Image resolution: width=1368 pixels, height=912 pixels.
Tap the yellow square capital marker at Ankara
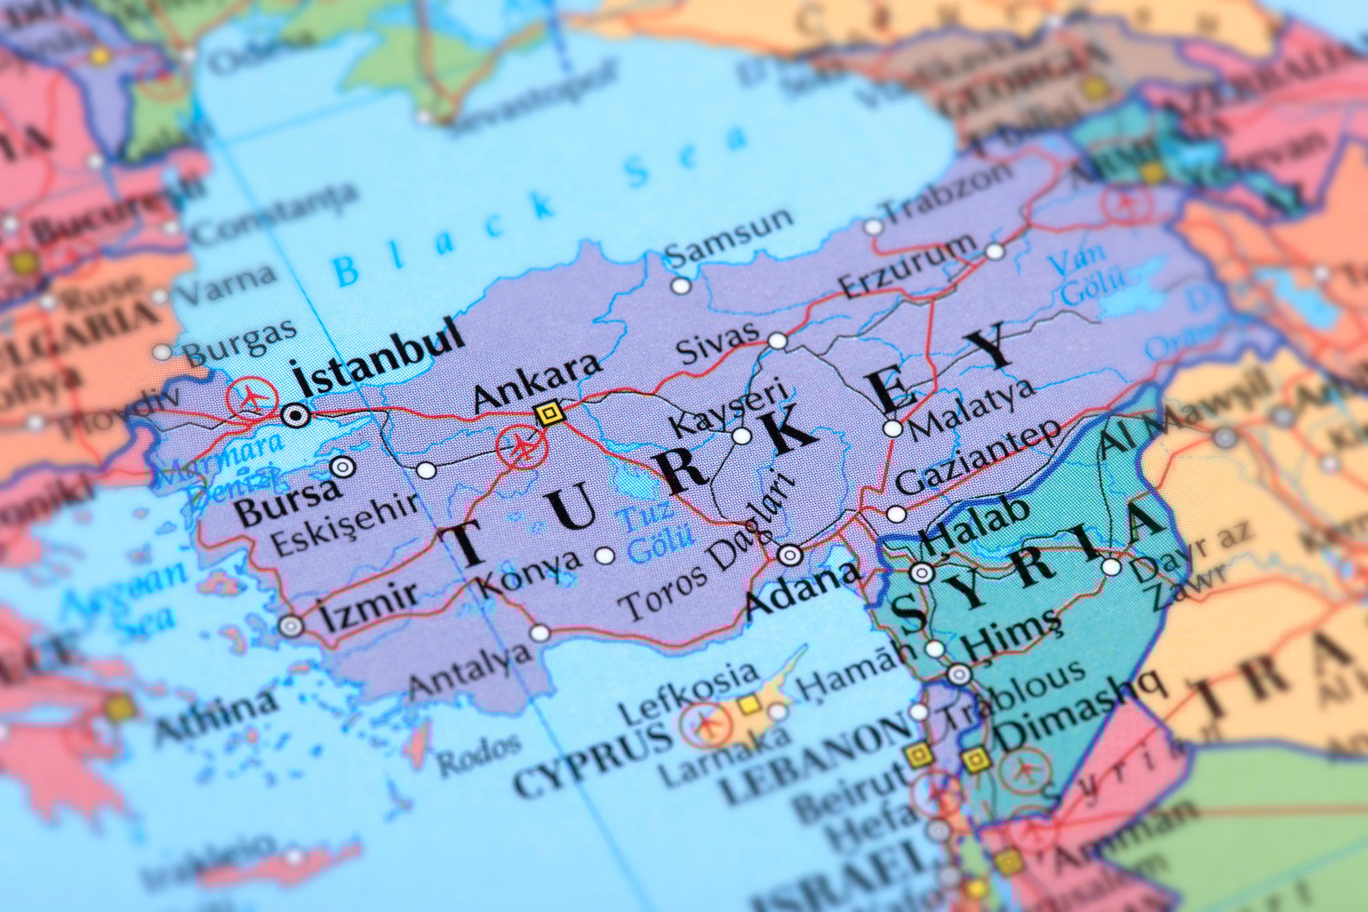click(x=549, y=412)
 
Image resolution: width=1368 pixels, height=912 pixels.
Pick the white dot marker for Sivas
click(x=778, y=340)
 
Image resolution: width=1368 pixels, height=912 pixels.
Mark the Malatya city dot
click(x=893, y=428)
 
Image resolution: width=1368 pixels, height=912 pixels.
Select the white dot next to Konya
click(x=604, y=555)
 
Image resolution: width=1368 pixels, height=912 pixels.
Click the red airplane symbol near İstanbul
click(x=252, y=396)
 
